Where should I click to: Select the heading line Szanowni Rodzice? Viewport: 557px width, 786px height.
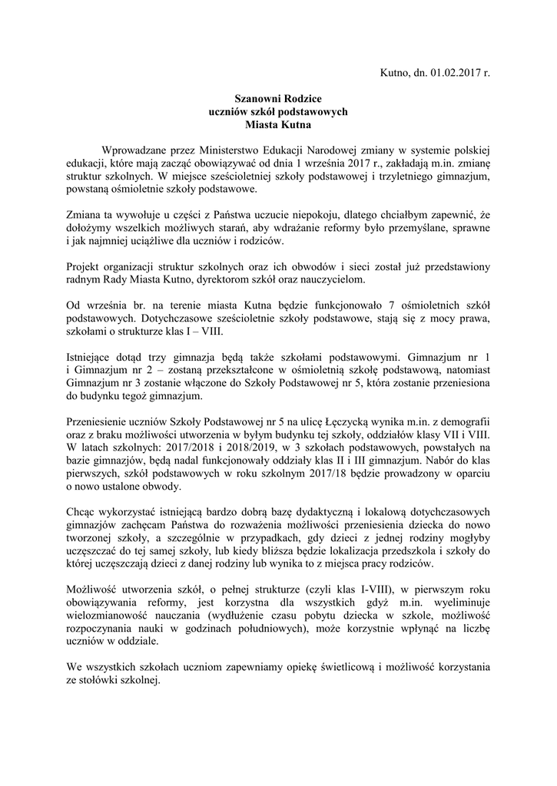pyautogui.click(x=277, y=99)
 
